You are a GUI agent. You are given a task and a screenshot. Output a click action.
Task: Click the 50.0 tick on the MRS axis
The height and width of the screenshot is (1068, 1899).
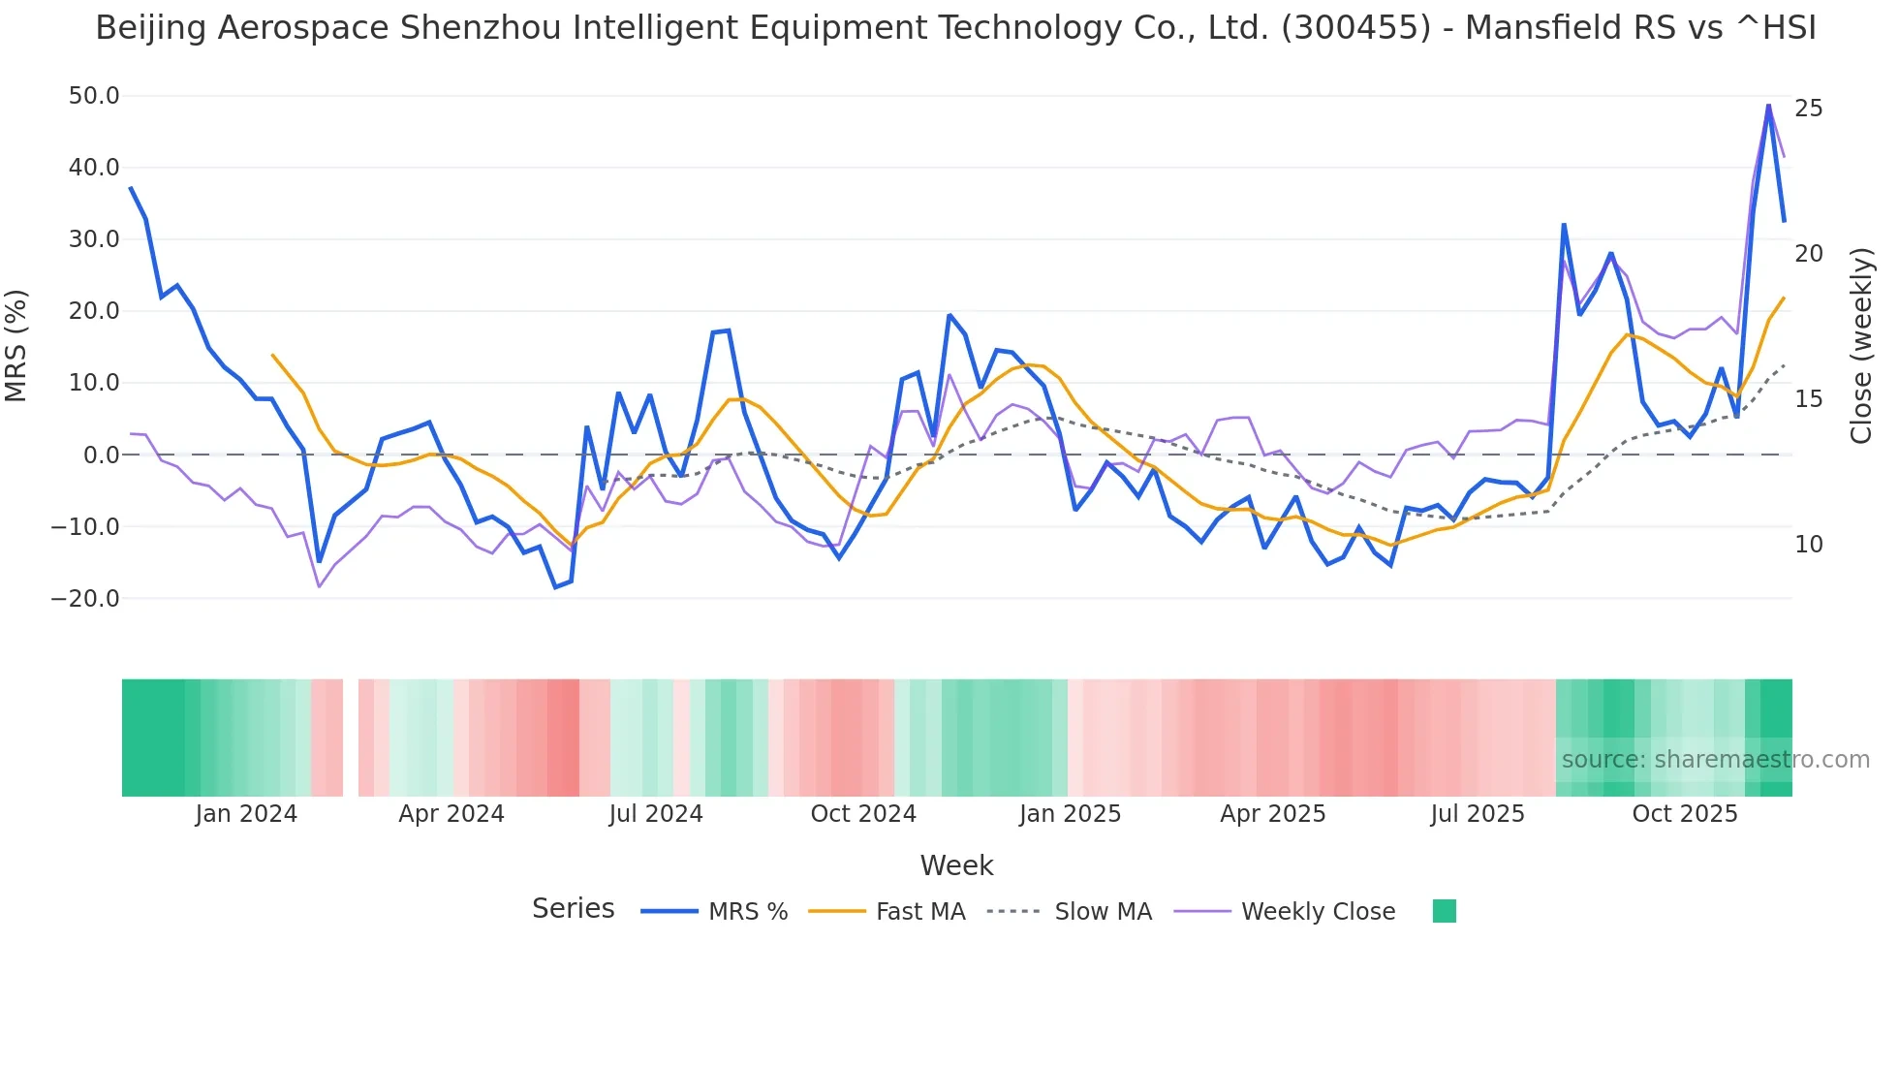pyautogui.click(x=94, y=96)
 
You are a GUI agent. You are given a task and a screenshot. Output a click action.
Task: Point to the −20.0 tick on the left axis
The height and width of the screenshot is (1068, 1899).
pyautogui.click(x=86, y=599)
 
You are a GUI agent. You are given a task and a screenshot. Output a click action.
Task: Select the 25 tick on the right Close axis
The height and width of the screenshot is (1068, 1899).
pyautogui.click(x=1809, y=109)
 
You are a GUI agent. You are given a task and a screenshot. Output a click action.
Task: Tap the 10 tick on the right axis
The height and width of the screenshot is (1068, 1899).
pyautogui.click(x=1809, y=545)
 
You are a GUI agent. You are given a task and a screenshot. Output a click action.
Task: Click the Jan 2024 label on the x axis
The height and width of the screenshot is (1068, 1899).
pyautogui.click(x=246, y=814)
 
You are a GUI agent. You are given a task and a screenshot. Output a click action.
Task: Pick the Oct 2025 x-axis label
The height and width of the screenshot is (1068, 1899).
pyautogui.click(x=1685, y=814)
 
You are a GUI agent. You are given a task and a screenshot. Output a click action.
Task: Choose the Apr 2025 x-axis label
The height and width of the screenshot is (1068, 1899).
pyautogui.click(x=1272, y=814)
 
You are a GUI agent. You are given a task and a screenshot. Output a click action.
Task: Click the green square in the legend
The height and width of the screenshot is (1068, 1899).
pyautogui.click(x=1445, y=911)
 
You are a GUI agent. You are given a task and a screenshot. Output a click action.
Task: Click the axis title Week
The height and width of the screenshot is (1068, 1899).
pyautogui.click(x=956, y=865)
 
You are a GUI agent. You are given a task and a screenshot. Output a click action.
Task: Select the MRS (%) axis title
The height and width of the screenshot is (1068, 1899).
pyautogui.click(x=16, y=346)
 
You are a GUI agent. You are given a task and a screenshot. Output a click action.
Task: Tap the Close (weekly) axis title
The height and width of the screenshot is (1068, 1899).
pyautogui.click(x=1861, y=346)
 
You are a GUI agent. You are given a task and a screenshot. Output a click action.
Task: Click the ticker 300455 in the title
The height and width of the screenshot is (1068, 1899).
pyautogui.click(x=1355, y=28)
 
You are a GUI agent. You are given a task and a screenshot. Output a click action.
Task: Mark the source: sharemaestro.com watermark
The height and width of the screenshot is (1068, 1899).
pyautogui.click(x=1715, y=760)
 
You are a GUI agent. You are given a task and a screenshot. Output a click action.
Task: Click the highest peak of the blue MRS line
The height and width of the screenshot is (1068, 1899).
pyautogui.click(x=1768, y=106)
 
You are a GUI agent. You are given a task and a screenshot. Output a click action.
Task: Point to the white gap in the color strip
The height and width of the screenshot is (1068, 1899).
pyautogui.click(x=351, y=738)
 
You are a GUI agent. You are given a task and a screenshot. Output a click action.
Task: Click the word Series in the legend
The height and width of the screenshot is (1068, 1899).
pyautogui.click(x=573, y=909)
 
